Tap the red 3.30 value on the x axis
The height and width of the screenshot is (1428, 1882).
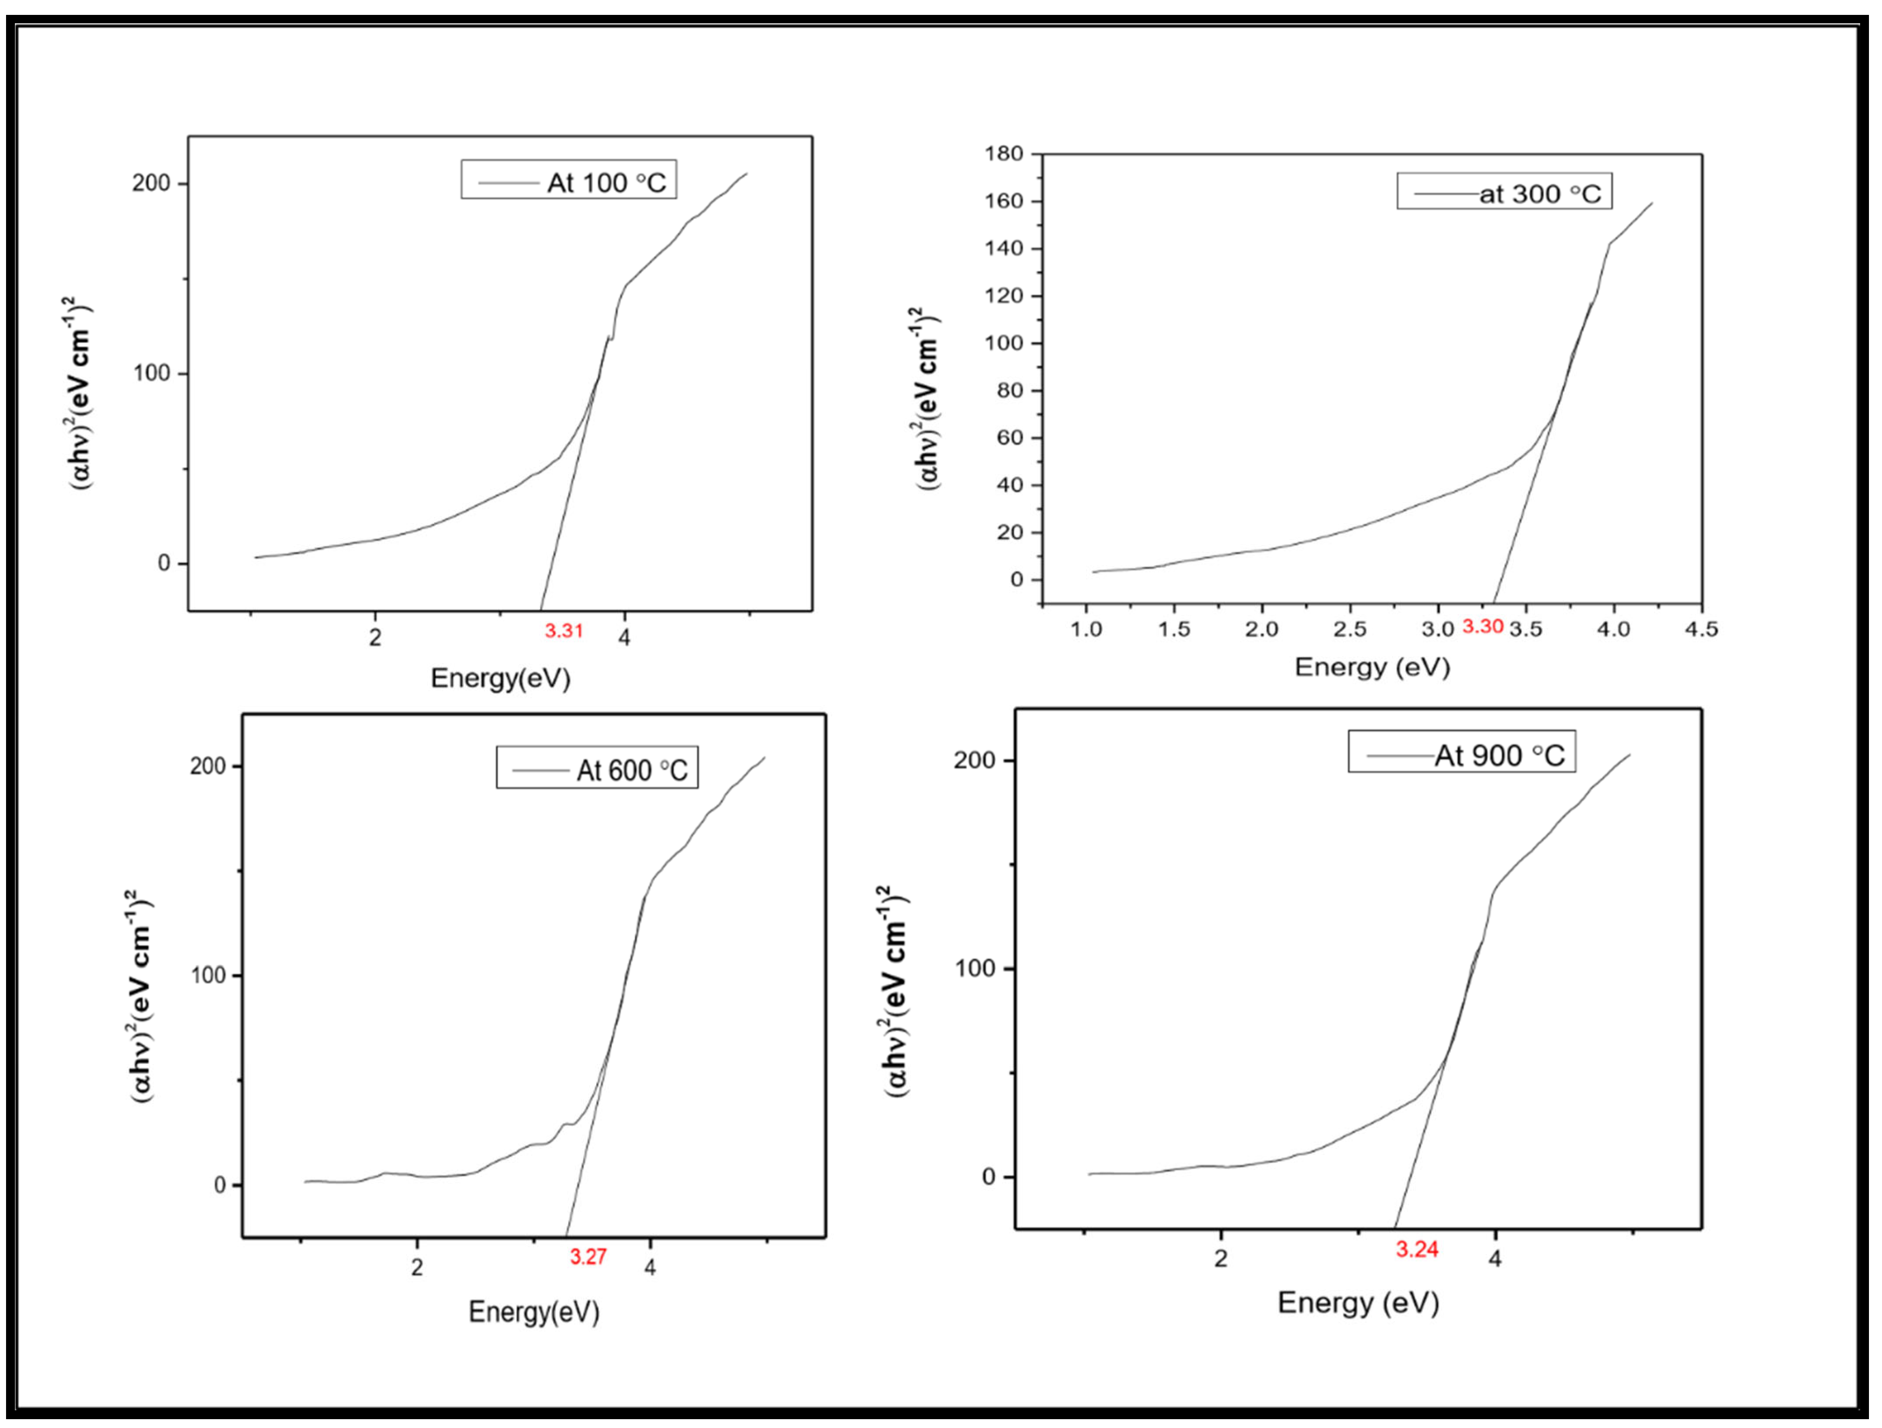click(x=1483, y=627)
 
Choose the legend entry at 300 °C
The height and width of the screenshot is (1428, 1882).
click(x=1540, y=194)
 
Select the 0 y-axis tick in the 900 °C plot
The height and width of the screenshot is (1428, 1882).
click(x=988, y=1177)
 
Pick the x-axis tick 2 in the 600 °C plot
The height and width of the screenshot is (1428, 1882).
click(x=417, y=1267)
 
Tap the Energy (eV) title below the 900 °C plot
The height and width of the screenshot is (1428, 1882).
click(x=1358, y=1302)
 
